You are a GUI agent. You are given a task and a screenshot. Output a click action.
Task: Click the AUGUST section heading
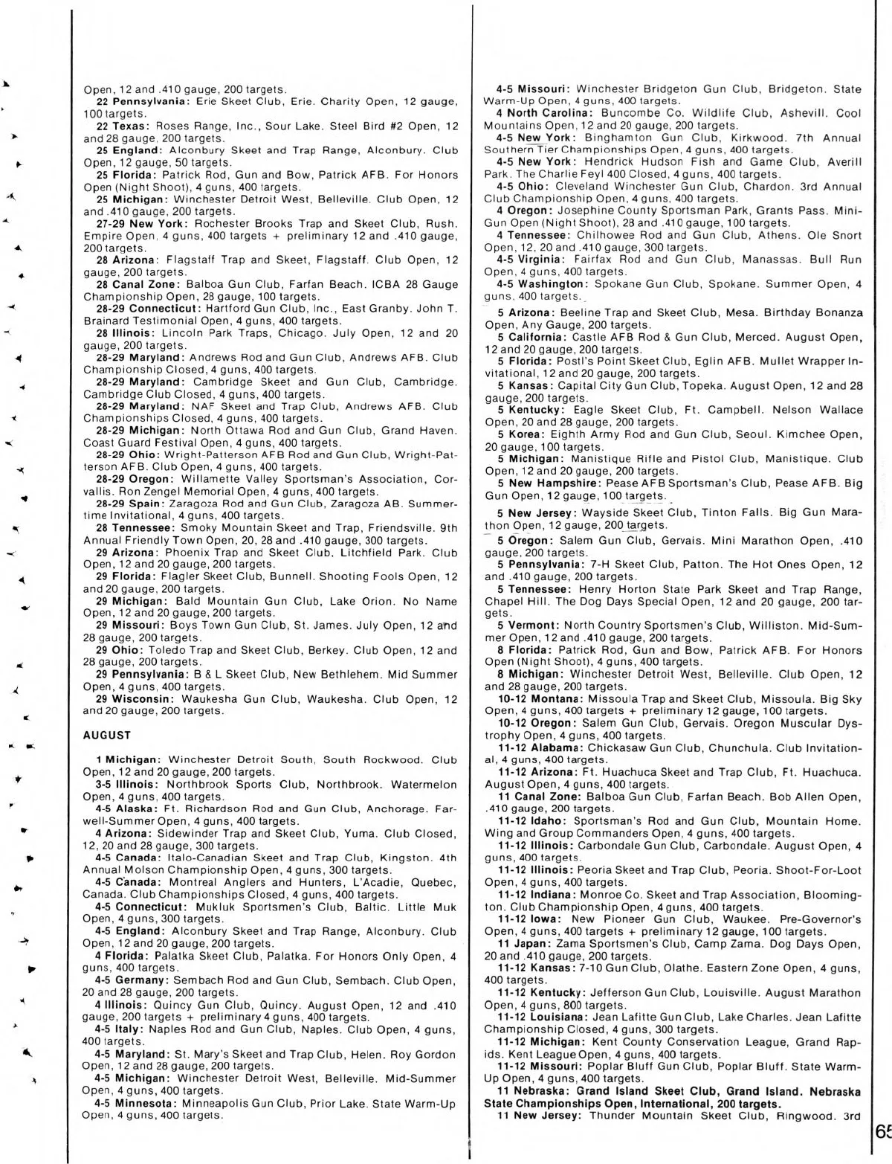pyautogui.click(x=107, y=735)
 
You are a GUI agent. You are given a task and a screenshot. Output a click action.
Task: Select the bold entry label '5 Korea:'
pyautogui.click(x=524, y=434)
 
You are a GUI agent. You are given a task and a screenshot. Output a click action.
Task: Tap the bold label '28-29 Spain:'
pyautogui.click(x=132, y=504)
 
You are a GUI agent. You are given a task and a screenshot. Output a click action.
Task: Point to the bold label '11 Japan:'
pyautogui.click(x=526, y=944)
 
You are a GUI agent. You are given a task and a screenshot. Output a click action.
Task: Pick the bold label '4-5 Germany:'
pyautogui.click(x=133, y=980)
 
